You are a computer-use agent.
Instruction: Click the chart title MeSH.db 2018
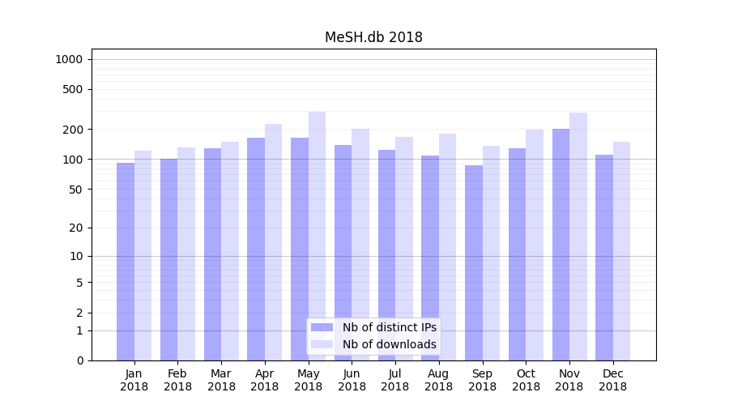(373, 37)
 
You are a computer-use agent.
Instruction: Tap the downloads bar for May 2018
(317, 235)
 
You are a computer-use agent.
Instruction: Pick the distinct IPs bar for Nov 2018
(561, 244)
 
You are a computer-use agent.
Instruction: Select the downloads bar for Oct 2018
(535, 244)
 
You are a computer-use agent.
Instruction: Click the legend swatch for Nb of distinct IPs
(322, 327)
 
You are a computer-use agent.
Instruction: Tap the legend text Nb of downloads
(389, 344)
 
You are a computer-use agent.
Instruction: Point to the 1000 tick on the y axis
(69, 59)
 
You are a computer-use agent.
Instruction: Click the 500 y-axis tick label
(72, 89)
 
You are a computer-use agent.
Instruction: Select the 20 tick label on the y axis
(75, 228)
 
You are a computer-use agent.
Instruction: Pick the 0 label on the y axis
(79, 360)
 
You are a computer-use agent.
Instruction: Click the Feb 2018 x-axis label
(177, 380)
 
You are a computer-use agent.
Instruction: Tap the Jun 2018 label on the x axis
(352, 380)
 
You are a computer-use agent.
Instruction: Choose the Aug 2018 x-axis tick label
(439, 380)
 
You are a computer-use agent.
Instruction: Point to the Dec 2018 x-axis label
(613, 380)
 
